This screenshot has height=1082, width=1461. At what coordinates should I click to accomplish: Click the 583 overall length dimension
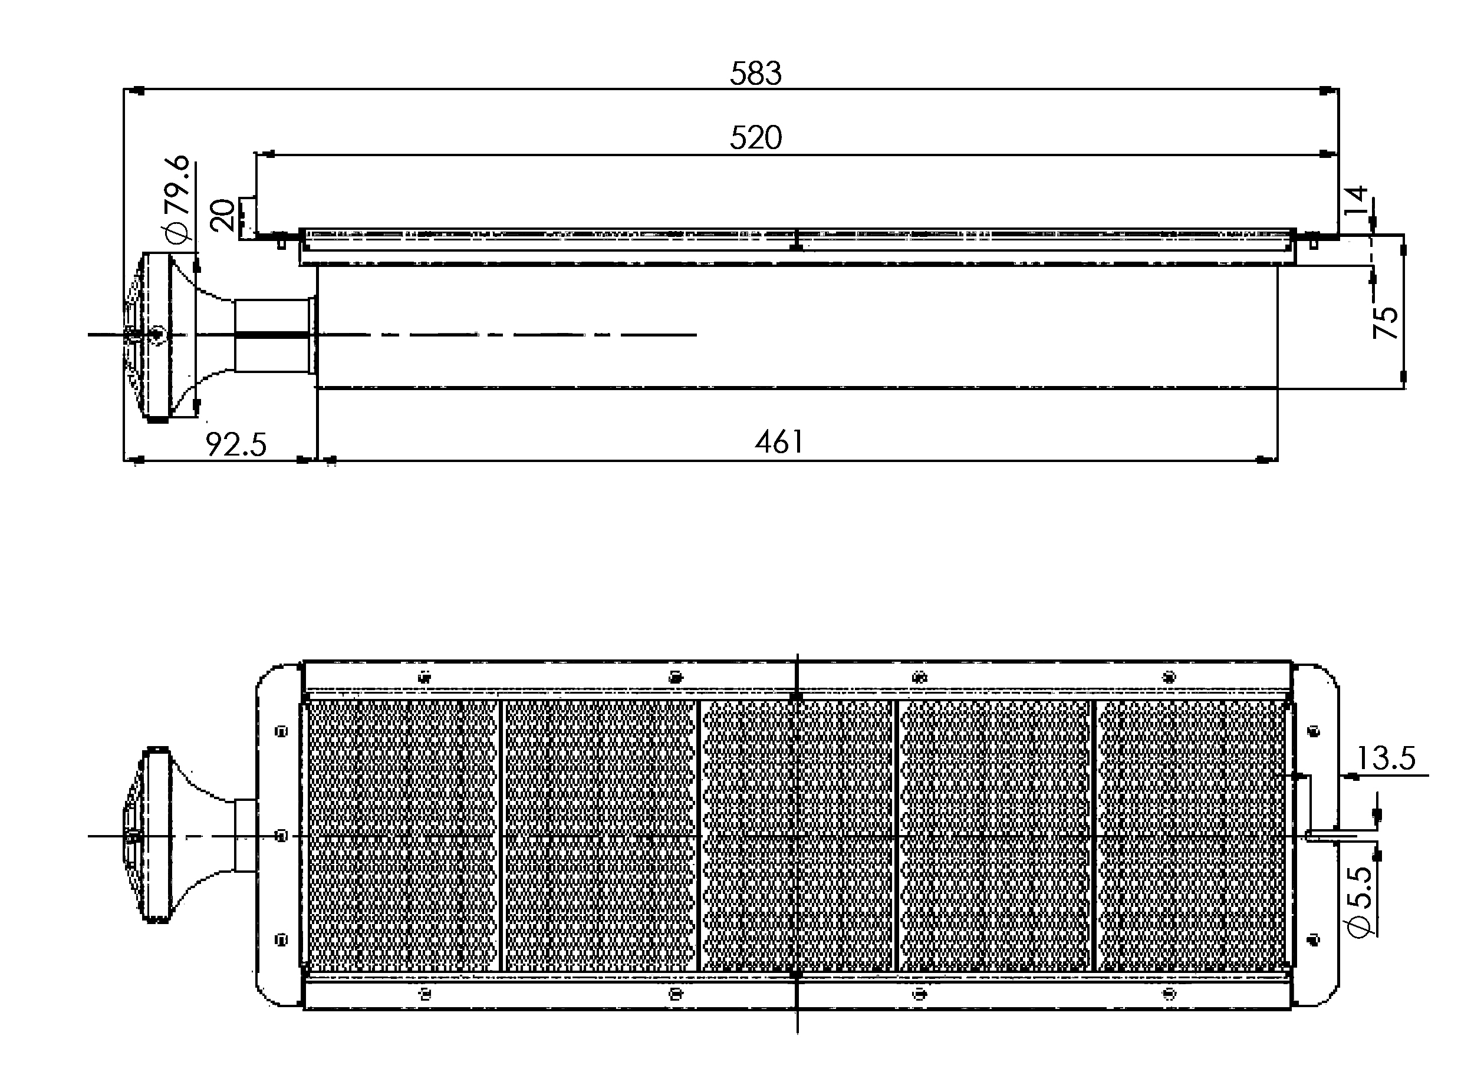(755, 73)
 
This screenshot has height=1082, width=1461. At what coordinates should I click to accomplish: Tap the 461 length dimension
(779, 442)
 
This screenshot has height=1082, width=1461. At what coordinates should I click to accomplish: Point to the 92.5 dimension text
(236, 445)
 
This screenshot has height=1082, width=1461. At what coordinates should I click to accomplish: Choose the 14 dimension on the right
(1355, 200)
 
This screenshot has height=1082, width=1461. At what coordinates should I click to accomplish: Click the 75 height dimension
(1386, 322)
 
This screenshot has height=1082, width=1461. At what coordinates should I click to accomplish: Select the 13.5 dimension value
(1386, 758)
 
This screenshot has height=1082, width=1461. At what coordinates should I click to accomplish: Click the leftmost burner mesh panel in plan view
(402, 836)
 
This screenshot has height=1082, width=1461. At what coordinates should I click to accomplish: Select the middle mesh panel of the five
(797, 836)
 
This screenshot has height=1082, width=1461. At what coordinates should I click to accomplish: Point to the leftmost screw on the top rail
(425, 677)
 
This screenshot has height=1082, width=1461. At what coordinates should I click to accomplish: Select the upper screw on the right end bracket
(1313, 731)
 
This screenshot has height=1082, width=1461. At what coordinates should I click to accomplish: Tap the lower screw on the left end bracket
(282, 941)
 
